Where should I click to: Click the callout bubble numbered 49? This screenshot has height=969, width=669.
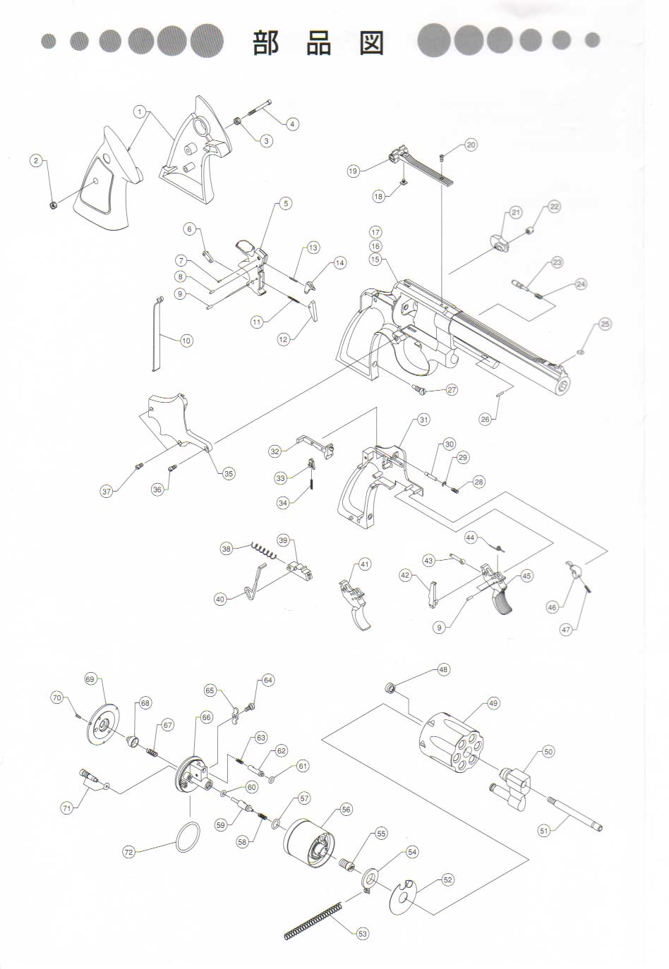click(493, 703)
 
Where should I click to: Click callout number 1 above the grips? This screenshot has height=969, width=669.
click(140, 111)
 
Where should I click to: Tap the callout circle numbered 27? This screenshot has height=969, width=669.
click(451, 390)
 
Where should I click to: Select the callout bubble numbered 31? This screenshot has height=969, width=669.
click(423, 420)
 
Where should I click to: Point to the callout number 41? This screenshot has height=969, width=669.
click(364, 564)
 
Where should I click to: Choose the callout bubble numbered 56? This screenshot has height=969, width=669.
click(346, 810)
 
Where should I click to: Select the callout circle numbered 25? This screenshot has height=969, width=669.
click(605, 324)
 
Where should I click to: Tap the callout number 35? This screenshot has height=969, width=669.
click(229, 474)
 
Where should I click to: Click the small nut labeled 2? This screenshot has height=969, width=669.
click(52, 205)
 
